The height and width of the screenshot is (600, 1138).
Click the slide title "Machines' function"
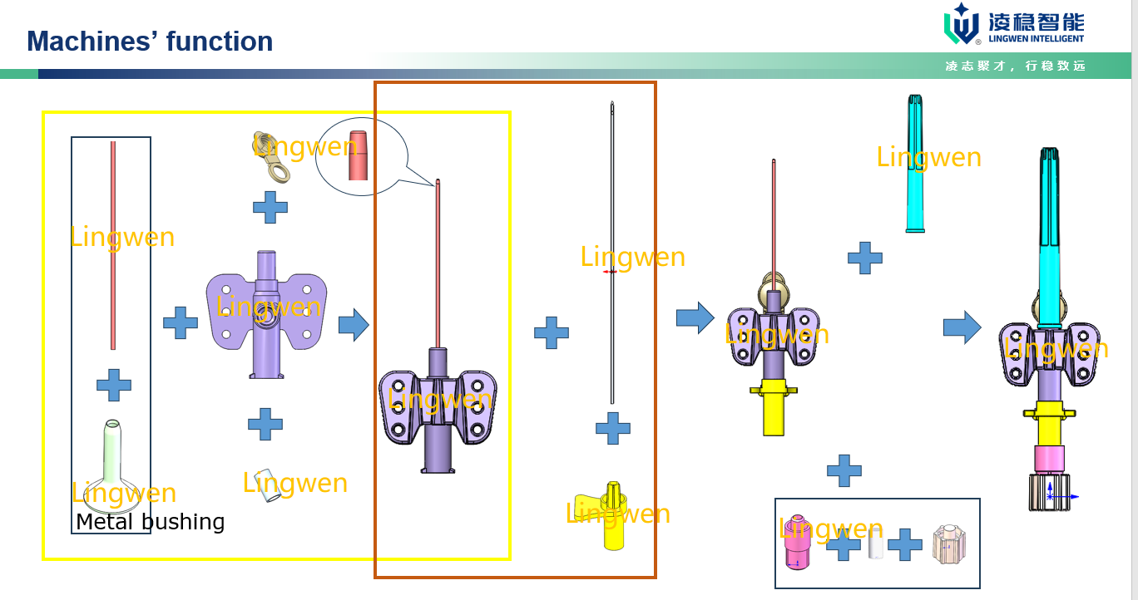tap(150, 41)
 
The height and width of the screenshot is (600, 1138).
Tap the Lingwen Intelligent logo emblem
tap(962, 24)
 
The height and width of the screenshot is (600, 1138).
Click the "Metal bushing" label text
tap(150, 522)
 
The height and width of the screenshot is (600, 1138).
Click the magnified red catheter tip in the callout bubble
tap(358, 155)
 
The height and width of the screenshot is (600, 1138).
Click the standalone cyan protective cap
tap(914, 164)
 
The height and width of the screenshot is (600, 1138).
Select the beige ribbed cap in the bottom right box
tap(949, 544)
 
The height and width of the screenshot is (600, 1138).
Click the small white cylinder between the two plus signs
tap(874, 543)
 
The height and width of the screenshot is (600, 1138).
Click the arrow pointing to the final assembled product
tap(962, 327)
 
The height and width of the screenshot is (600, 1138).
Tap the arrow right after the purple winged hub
tap(354, 325)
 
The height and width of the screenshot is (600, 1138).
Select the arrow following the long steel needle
tap(695, 317)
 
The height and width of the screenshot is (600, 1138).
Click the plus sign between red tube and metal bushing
tap(114, 385)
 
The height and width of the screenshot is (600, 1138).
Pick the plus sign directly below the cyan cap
tap(865, 258)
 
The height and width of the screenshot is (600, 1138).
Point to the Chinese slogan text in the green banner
tap(1015, 66)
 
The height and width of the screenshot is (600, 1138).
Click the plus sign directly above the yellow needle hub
tap(613, 429)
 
